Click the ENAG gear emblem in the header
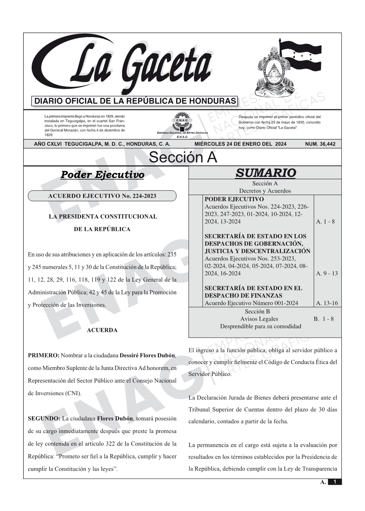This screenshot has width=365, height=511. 182,122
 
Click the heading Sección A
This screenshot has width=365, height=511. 183,158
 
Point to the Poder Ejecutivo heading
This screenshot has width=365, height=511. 102,175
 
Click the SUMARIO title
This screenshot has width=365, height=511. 265,173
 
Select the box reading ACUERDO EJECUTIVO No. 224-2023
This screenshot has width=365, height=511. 102,196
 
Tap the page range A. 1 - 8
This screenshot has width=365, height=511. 325,222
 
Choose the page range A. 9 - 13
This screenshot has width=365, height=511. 327,273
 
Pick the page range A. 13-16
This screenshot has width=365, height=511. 327,303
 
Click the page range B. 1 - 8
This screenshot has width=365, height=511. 324,319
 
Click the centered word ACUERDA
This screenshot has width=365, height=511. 102,331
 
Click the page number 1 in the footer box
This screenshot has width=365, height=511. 335,482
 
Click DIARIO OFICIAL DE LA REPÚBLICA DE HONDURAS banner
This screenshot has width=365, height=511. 135,101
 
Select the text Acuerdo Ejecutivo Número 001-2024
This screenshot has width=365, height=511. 251,303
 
